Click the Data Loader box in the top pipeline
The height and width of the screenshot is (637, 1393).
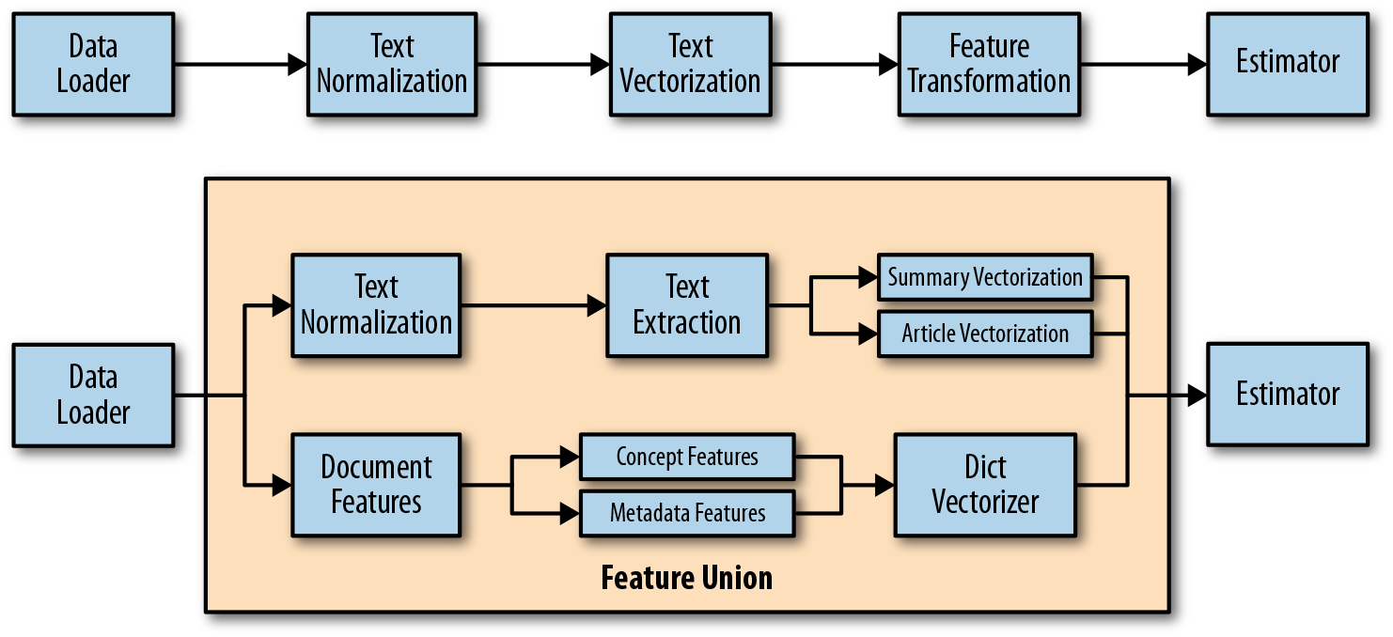coord(92,64)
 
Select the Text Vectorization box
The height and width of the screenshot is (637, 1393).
coord(690,64)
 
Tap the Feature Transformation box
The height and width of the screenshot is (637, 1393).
coord(989,64)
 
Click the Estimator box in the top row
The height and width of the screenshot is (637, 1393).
coord(1287,64)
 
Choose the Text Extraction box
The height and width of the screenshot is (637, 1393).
coord(686,304)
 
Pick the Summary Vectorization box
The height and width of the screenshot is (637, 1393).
coord(984,277)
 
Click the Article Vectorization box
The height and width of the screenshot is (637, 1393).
coord(984,334)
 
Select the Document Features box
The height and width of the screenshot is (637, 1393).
coord(375,485)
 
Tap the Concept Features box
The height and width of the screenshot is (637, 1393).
coord(686,457)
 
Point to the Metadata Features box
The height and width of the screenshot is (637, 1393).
coord(686,513)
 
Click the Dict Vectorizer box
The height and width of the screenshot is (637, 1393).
coord(984,485)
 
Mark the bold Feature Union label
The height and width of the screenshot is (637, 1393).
coord(686,577)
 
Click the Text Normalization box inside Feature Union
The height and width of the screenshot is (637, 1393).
coord(375,304)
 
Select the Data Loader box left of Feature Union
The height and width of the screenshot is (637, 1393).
coord(92,395)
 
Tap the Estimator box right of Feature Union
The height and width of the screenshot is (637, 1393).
coord(1287,395)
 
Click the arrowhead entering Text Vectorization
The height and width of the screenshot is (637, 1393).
coord(599,64)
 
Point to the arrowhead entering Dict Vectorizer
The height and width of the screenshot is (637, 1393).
coord(884,485)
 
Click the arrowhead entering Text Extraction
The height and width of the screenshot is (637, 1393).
coord(596,304)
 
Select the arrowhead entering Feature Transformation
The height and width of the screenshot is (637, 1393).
coord(888,64)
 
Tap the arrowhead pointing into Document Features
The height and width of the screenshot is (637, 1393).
coord(281,485)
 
